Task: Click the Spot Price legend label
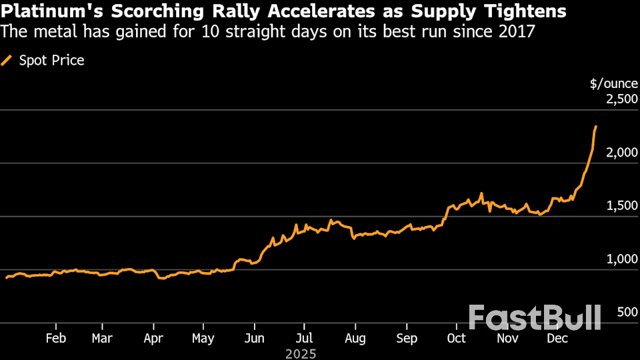tap(52, 61)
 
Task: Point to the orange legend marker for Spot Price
tap(7, 61)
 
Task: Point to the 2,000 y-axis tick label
tap(621, 153)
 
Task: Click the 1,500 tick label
tap(621, 206)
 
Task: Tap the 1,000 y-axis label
tap(621, 259)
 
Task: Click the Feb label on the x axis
tap(56, 339)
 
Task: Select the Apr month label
tap(153, 339)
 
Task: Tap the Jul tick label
tap(304, 339)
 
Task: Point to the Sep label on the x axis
tap(406, 339)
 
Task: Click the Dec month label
tap(557, 339)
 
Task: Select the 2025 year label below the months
tap(300, 353)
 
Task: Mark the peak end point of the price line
tap(595, 126)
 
